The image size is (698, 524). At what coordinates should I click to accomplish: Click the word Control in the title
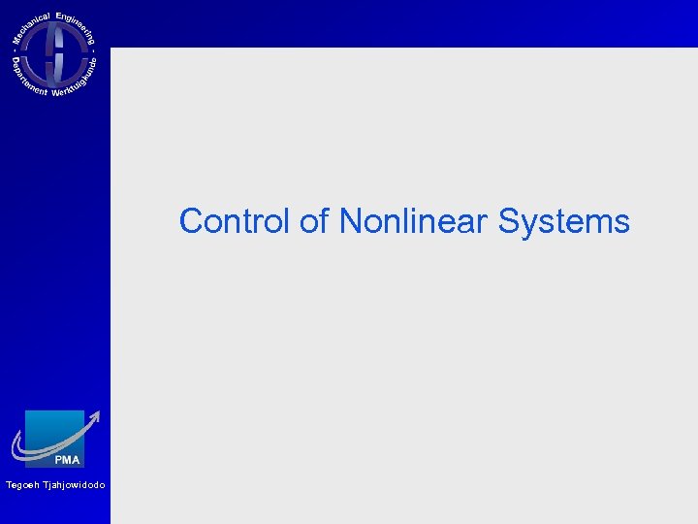pyautogui.click(x=236, y=221)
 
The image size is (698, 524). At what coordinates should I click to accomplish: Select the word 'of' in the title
pyautogui.click(x=315, y=221)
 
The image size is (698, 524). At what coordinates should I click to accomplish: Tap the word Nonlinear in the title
pyautogui.click(x=415, y=221)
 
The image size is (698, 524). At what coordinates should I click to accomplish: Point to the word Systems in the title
pyautogui.click(x=564, y=221)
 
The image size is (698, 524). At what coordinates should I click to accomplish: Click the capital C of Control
pyautogui.click(x=191, y=221)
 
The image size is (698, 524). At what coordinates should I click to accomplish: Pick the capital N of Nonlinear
pyautogui.click(x=350, y=221)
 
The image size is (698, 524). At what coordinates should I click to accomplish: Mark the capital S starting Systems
pyautogui.click(x=510, y=221)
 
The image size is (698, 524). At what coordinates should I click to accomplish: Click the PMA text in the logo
pyautogui.click(x=67, y=459)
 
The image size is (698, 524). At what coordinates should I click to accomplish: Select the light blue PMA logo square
pyautogui.click(x=54, y=432)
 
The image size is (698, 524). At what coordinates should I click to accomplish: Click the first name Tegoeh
pyautogui.click(x=22, y=485)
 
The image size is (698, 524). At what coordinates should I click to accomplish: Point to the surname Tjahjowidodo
pyautogui.click(x=74, y=485)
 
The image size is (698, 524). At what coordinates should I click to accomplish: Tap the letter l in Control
pyautogui.click(x=288, y=221)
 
